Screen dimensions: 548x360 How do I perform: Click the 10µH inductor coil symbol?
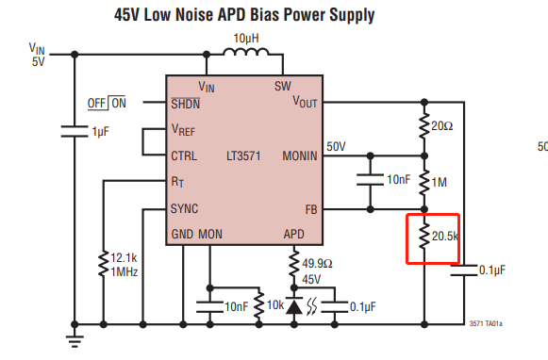246,52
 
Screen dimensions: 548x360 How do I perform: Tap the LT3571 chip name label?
243,155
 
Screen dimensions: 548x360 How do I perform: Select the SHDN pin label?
185,104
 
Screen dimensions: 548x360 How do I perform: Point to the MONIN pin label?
300,155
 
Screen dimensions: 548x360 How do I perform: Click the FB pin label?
311,209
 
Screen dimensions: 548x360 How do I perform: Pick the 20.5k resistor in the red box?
424,236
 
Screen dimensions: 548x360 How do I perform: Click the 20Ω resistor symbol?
424,125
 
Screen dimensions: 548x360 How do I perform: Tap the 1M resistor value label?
439,182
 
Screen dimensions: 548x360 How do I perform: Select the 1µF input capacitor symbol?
75,132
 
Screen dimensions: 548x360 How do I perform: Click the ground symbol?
75,341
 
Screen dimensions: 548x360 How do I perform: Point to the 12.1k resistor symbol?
104,264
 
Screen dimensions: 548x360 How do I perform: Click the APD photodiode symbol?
294,306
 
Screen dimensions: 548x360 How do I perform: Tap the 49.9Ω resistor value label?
317,263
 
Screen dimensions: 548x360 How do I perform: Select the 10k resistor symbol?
258,305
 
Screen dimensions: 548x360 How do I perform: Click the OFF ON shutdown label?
107,103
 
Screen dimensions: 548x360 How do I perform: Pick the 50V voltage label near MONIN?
336,146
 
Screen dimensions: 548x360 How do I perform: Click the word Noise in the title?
194,15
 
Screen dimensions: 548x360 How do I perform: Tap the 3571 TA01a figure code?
486,323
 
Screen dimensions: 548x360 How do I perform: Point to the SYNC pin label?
184,209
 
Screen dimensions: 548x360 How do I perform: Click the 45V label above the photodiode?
311,279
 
